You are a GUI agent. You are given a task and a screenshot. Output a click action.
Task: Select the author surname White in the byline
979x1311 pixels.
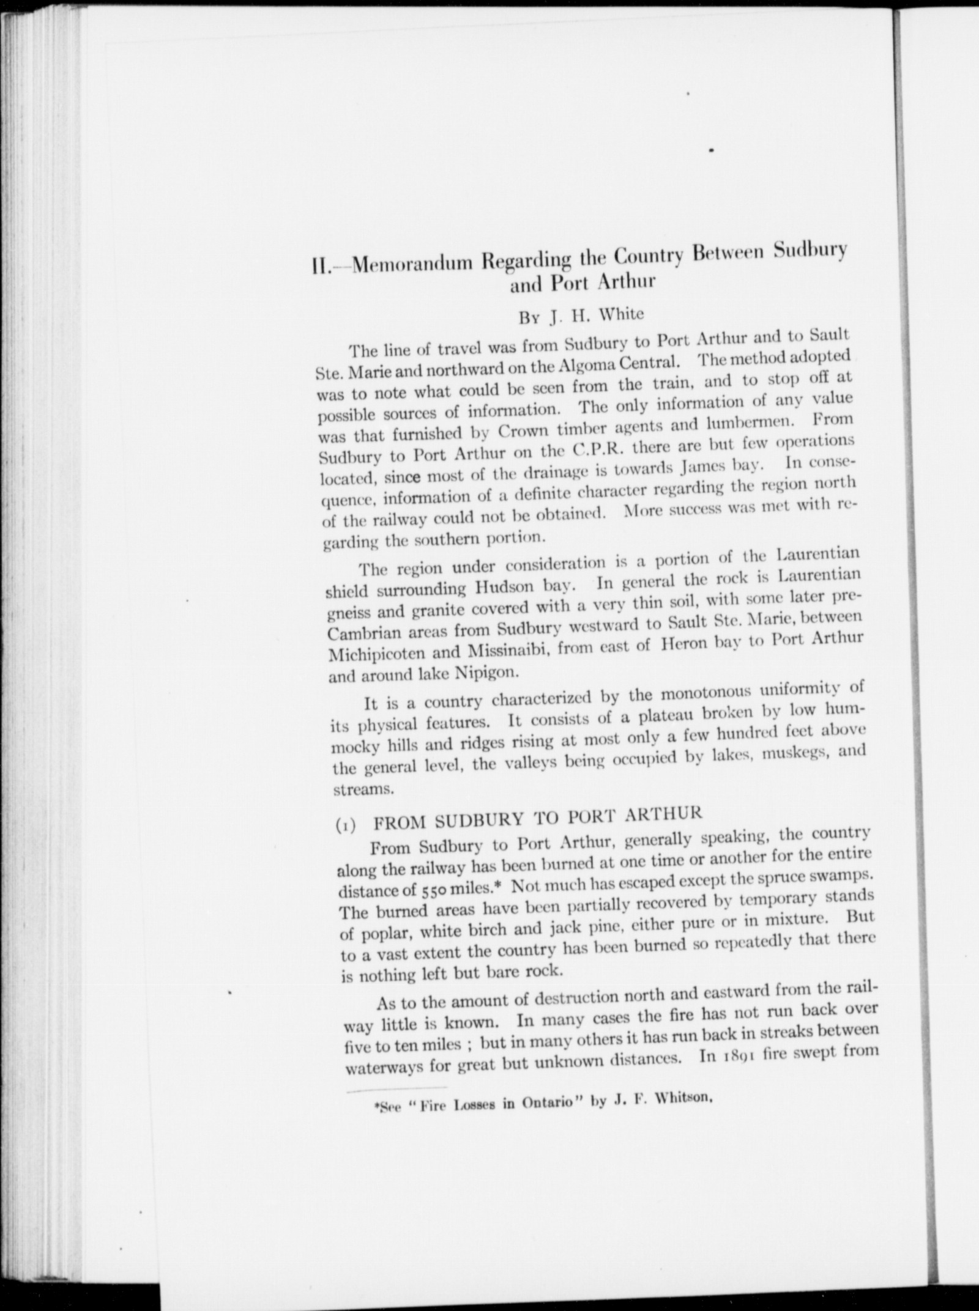tap(620, 314)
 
